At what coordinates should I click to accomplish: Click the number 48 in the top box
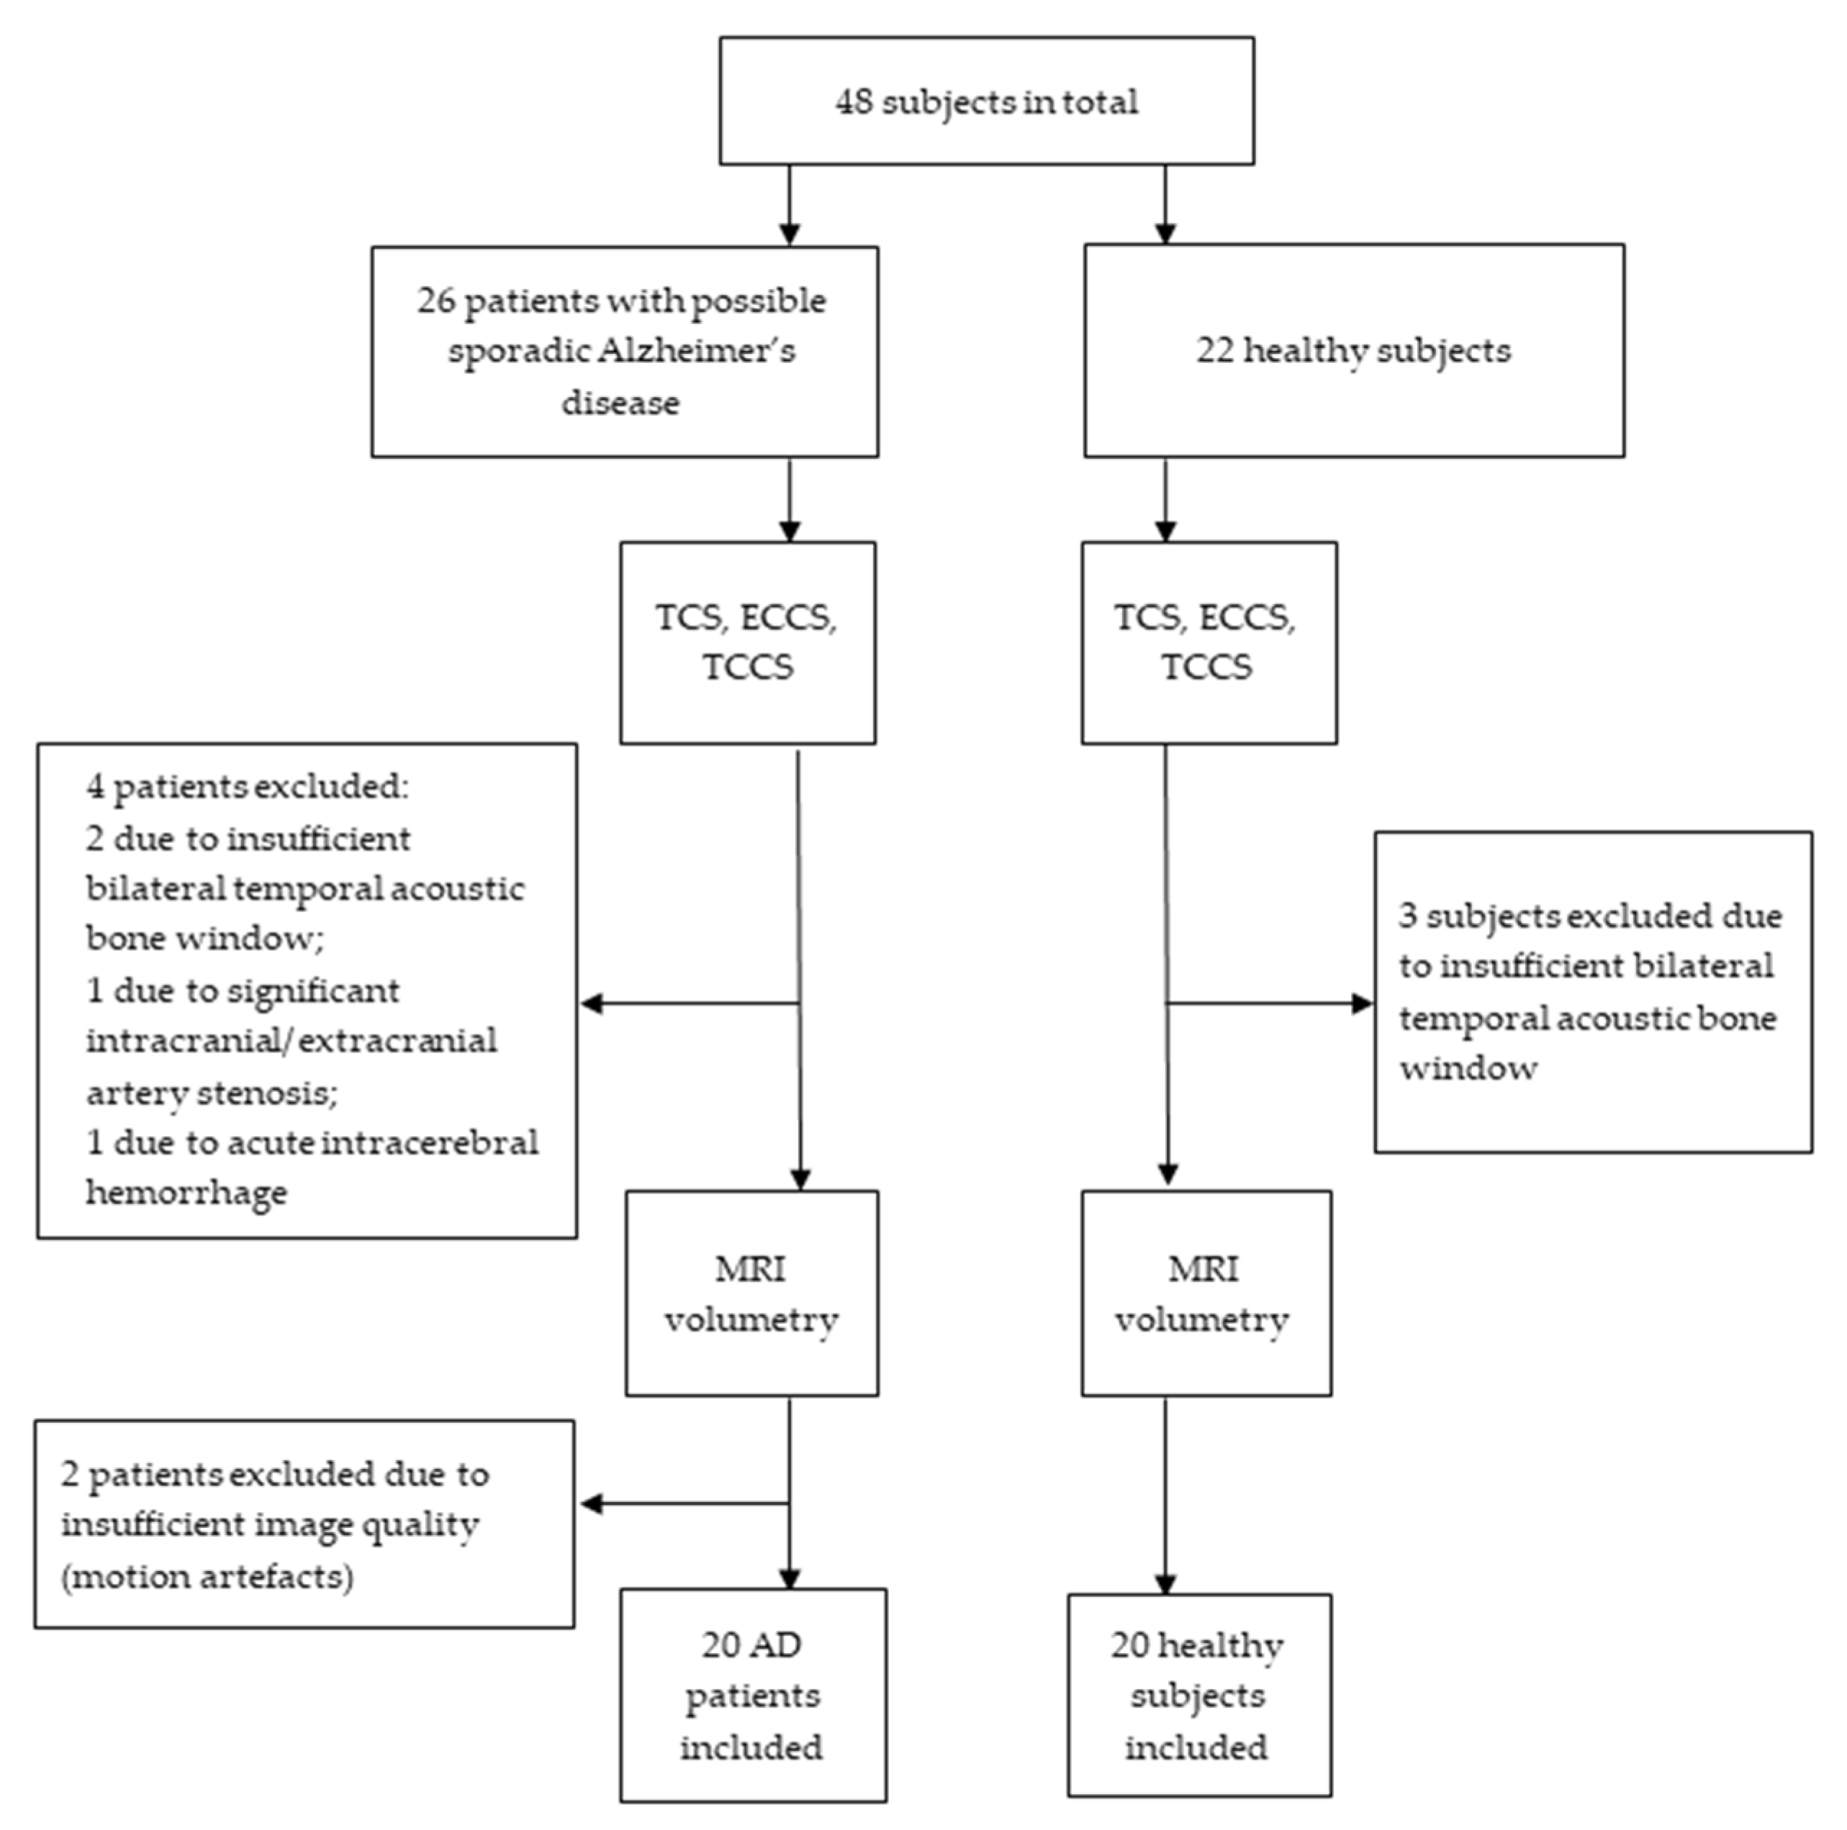854,102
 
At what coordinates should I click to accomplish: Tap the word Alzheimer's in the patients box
696,352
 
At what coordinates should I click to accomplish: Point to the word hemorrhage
186,1193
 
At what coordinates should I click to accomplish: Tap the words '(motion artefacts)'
207,1576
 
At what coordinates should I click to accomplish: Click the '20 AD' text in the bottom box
751,1646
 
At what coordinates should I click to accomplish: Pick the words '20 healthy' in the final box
1197,1646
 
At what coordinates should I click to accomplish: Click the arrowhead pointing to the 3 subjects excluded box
1363,1003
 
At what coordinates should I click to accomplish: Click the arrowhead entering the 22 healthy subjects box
1165,233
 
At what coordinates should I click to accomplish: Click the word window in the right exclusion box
1468,1067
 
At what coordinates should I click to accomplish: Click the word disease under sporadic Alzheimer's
620,402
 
